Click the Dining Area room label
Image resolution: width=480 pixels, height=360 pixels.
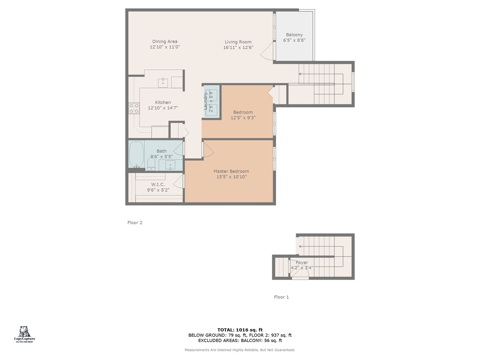165,42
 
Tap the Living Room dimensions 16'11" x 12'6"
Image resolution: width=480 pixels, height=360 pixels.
238,47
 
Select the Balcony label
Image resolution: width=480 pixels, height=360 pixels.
294,35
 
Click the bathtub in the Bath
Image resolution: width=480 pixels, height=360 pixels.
136,154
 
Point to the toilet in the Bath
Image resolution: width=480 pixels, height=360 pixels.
151,163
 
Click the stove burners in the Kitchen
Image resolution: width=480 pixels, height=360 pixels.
134,108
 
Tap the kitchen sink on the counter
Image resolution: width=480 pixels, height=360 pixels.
163,82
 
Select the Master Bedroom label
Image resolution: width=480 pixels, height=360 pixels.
231,171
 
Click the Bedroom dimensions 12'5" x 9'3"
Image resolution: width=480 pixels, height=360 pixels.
243,118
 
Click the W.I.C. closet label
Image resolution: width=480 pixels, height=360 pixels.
158,184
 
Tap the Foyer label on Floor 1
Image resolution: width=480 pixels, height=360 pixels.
302,262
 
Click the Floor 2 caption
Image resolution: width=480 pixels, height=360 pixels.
135,223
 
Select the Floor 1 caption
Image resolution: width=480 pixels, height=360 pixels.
281,297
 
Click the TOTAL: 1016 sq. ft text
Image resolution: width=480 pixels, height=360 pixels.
240,330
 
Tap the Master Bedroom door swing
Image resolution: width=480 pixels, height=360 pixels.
208,150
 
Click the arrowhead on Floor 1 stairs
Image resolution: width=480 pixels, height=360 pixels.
300,247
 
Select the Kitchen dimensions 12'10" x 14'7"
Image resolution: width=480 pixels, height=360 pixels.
163,108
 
